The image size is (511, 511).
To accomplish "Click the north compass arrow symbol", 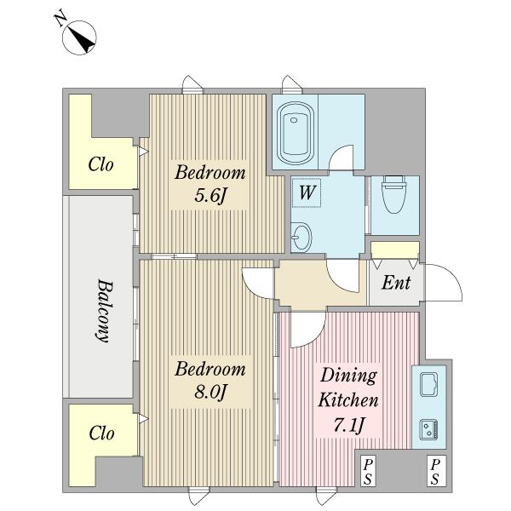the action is [x=79, y=37].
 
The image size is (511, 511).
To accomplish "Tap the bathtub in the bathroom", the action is [x=296, y=134].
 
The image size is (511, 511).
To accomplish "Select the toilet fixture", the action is [x=394, y=194].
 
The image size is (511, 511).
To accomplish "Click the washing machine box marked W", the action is [x=307, y=192].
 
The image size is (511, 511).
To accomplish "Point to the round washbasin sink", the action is [x=301, y=238].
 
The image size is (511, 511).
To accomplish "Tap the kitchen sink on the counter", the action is [x=428, y=385].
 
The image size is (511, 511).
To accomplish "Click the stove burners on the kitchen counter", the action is [x=428, y=429].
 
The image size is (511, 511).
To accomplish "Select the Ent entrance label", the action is [x=396, y=283].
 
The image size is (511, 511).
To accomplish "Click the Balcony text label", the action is [x=105, y=311].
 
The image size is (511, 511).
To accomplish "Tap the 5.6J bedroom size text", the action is [x=210, y=196].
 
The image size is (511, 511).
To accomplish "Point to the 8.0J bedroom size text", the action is [x=210, y=393].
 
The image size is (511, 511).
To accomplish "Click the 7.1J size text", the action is [x=348, y=425].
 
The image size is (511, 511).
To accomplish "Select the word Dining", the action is [x=348, y=376].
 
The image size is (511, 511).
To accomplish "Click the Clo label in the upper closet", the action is [x=101, y=164].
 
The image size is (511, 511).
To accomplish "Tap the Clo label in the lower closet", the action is [x=101, y=433].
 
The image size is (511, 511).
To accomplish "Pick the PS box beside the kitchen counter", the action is [x=436, y=471].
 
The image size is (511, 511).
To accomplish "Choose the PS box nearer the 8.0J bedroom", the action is [x=368, y=471].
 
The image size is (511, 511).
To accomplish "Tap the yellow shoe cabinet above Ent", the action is [x=395, y=250].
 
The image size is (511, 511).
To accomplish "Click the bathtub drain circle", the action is [x=294, y=120].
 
